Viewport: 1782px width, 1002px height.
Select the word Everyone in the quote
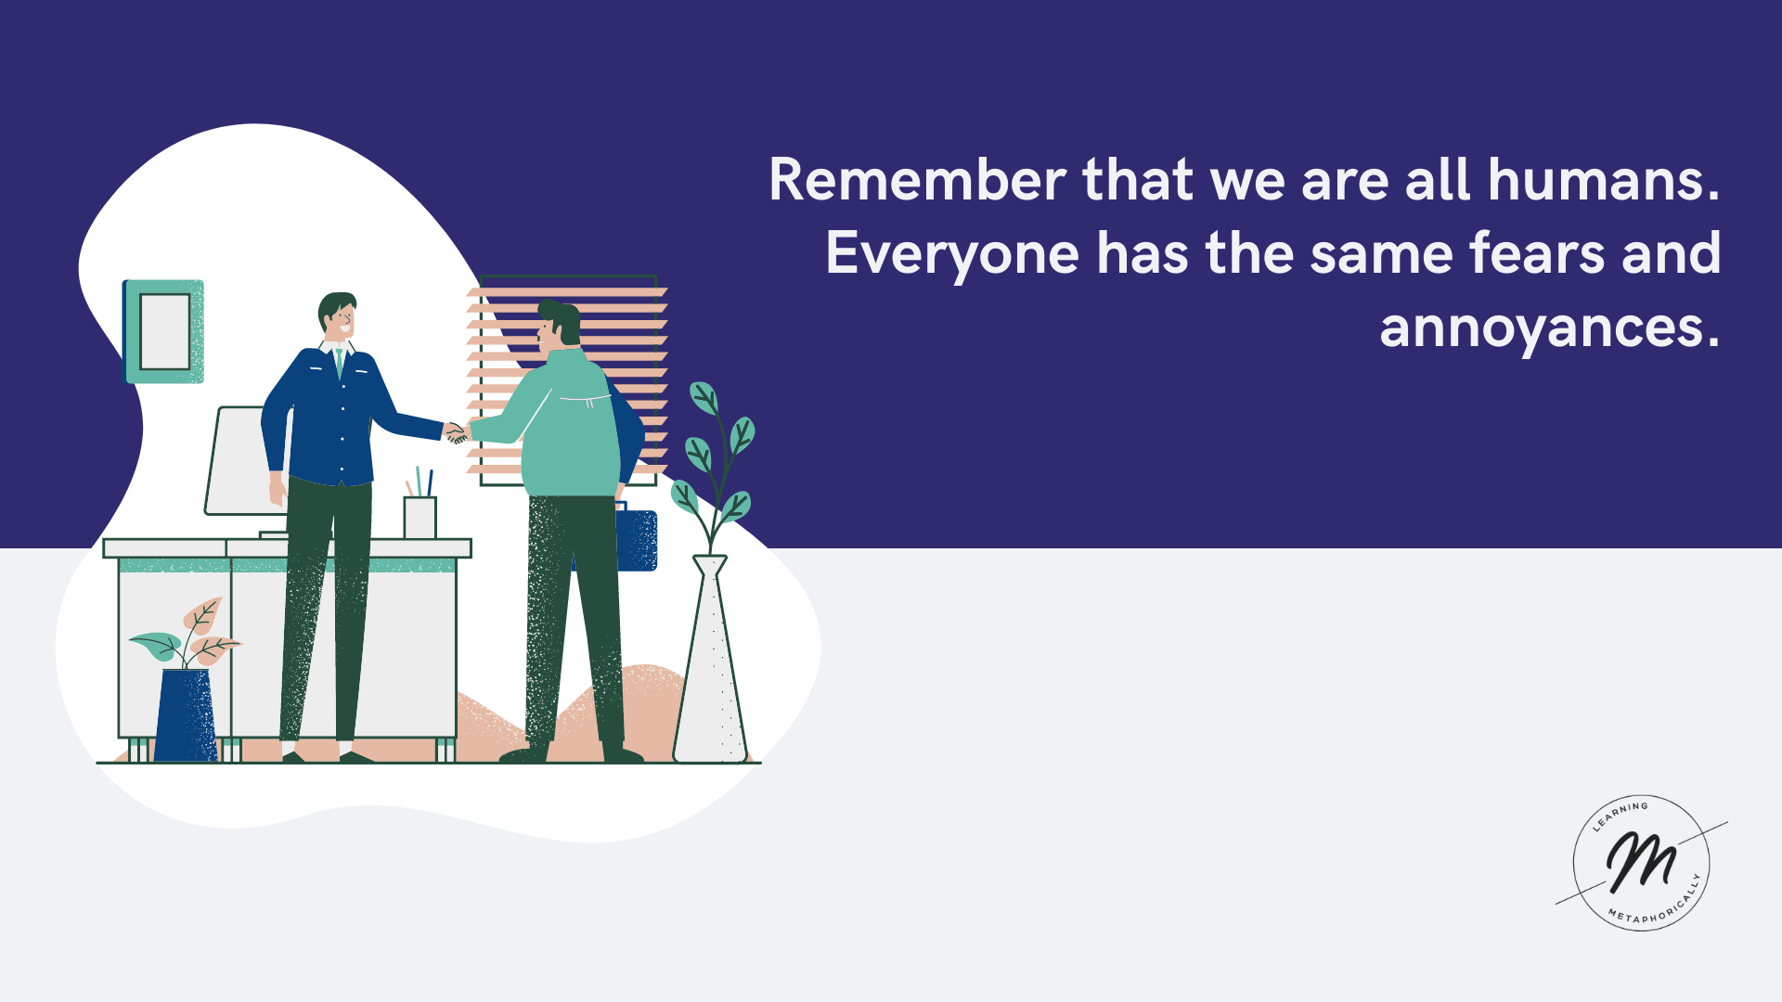coord(952,255)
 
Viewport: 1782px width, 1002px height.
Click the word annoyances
coord(1549,329)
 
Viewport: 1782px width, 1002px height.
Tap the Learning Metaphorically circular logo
coord(1642,863)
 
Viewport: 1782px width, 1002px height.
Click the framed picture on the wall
coord(163,331)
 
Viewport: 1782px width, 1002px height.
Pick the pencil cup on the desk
coord(420,517)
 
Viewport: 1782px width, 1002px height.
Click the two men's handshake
coord(457,432)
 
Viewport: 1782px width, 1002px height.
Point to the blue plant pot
coord(186,715)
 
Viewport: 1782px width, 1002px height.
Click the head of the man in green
coord(559,325)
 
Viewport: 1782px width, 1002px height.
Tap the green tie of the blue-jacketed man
coord(340,362)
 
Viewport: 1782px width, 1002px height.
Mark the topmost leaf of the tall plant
coord(704,398)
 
